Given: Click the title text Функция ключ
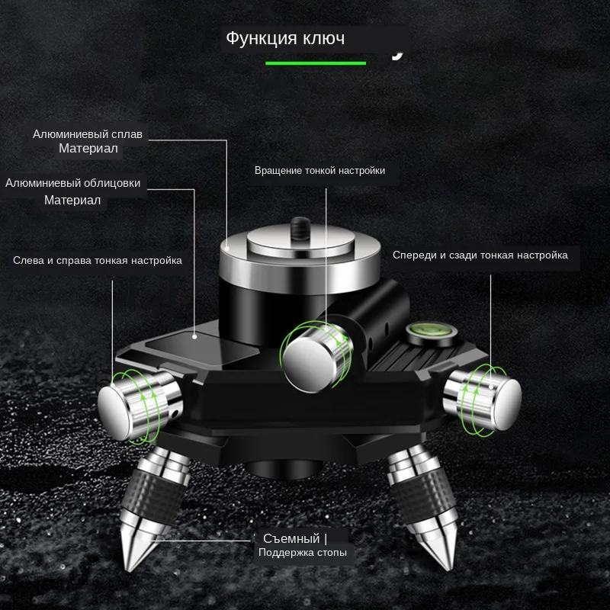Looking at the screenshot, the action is pos(285,38).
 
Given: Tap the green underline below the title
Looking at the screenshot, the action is pos(316,63).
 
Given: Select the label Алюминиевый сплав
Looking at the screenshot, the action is pos(88,134).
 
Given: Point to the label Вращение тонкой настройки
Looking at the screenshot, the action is pos(319,171).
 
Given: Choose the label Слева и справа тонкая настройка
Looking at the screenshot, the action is pos(98,260).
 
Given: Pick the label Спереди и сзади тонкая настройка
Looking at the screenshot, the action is pos(480,255).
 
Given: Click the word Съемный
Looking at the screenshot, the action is pos(291,538).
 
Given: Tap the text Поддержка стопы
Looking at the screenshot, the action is pos(302,552).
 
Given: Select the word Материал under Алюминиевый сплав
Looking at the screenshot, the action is pos(88,148).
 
